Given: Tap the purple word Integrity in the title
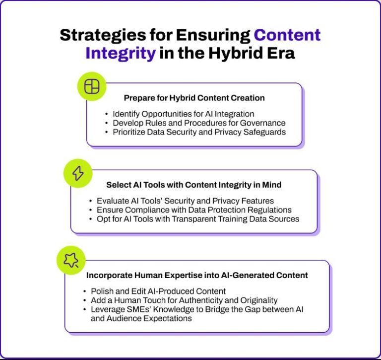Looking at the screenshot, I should click(121, 53).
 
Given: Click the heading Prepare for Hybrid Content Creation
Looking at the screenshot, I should click(194, 98).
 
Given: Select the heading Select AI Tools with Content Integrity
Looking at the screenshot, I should click(194, 185).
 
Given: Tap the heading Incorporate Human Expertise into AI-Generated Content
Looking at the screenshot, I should click(197, 275).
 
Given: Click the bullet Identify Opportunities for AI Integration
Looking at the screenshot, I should click(183, 113).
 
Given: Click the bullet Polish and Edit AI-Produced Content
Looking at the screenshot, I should click(158, 291).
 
